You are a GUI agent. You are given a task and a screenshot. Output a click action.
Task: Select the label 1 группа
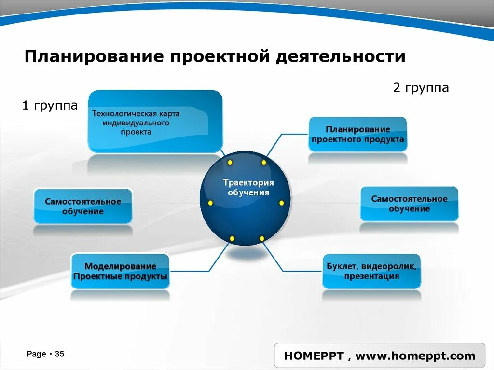[x=50, y=106]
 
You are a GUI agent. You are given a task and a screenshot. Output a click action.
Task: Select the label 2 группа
[x=421, y=88]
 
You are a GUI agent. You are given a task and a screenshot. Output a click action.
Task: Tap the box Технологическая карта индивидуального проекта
[x=155, y=121]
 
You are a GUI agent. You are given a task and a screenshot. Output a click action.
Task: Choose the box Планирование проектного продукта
[x=357, y=134]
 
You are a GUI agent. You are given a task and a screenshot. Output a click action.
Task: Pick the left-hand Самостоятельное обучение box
[x=83, y=206]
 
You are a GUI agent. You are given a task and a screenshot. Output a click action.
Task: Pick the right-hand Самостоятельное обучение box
[x=409, y=204]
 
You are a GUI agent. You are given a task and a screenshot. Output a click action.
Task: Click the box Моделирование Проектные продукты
[x=120, y=272]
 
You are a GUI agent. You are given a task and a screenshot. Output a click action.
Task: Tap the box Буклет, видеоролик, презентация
[x=371, y=271]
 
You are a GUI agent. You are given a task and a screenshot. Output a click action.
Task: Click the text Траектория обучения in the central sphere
[x=248, y=187]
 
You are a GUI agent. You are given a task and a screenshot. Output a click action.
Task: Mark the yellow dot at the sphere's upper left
[x=230, y=162]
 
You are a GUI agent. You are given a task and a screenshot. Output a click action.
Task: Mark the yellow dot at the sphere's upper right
[x=264, y=163]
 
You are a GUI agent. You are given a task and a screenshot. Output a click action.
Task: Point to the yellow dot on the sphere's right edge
[x=281, y=203]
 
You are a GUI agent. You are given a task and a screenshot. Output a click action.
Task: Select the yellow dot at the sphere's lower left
[x=232, y=238]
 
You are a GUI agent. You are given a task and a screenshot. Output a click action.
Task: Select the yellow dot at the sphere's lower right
[x=261, y=238]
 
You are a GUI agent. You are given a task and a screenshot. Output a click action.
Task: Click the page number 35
[x=59, y=354]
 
